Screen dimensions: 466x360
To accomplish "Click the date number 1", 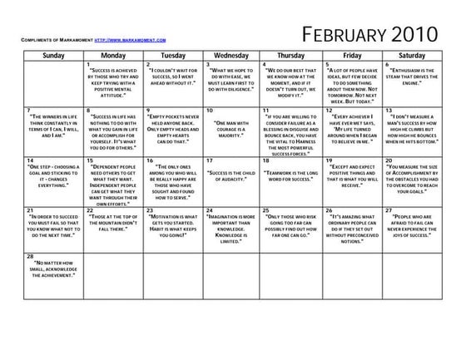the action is (x=87, y=64).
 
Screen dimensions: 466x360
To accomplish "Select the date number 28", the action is (x=29, y=256).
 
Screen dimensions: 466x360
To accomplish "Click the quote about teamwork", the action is (x=293, y=176).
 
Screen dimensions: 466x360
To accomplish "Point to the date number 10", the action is (x=209, y=110).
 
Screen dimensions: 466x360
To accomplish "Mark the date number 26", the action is (x=328, y=210).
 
